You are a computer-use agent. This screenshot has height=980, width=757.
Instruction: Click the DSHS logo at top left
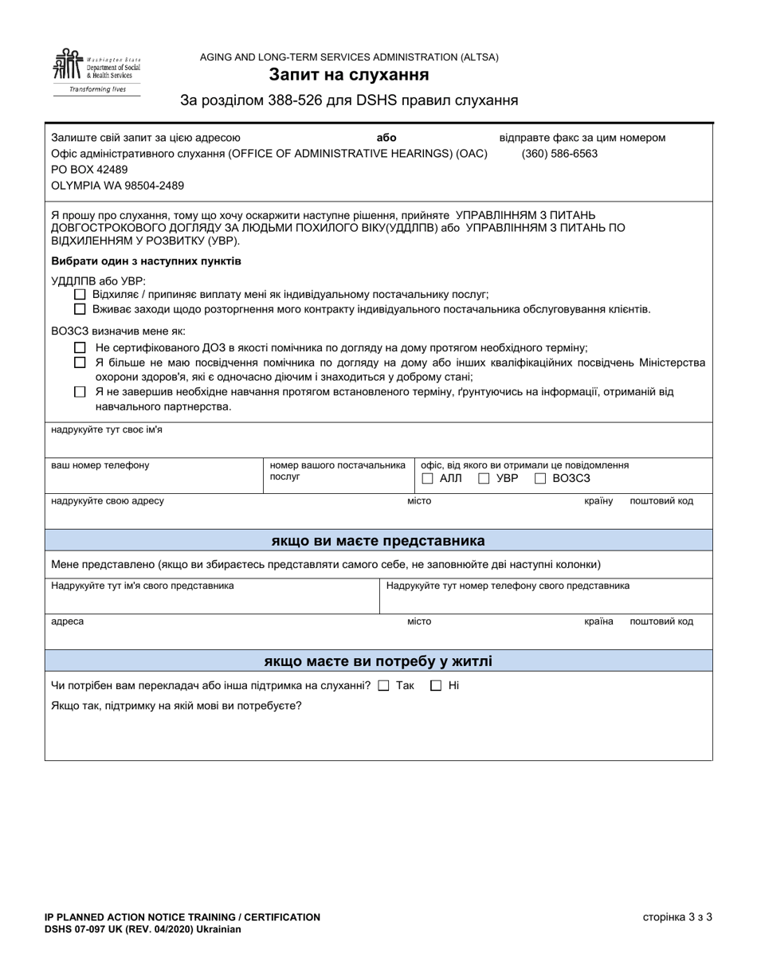tap(96, 72)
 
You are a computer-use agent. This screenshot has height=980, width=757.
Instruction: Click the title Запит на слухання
tap(349, 75)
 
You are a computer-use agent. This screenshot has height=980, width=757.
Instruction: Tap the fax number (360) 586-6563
tap(559, 154)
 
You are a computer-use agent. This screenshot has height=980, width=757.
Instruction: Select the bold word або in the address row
tap(386, 138)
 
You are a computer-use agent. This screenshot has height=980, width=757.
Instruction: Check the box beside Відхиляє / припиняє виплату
tap(79, 294)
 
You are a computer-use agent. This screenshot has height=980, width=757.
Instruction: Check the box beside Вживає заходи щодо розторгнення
tap(79, 309)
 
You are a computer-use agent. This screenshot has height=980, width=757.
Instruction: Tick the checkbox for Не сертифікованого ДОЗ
tap(79, 347)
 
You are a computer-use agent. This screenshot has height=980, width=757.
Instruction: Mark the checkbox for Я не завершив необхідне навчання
tap(79, 392)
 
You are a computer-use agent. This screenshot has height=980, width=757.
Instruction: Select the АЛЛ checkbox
tap(427, 479)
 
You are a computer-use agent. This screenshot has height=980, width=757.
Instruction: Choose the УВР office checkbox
tap(484, 479)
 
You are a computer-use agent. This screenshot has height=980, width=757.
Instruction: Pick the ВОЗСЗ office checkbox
tap(540, 479)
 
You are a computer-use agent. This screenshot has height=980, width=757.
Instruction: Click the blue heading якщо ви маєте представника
tap(378, 541)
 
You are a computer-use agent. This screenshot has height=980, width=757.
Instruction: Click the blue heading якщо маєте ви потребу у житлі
tap(378, 661)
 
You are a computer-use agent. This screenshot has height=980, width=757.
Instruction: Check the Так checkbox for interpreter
tap(383, 686)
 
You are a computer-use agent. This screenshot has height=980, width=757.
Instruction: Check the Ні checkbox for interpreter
tap(436, 686)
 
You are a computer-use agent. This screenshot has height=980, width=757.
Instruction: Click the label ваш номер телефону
tap(100, 465)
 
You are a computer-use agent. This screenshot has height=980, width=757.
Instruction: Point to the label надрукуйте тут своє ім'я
tap(107, 430)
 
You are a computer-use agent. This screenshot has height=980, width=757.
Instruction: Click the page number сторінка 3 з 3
tap(677, 917)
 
